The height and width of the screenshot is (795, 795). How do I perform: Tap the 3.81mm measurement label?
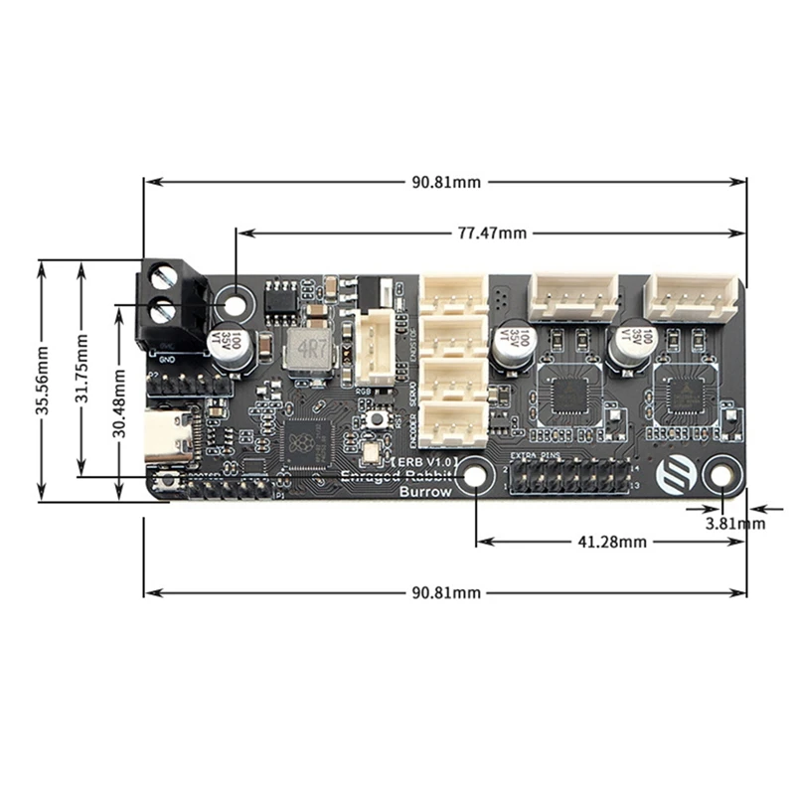pyautogui.click(x=734, y=523)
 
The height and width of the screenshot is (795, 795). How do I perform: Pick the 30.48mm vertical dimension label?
pyautogui.click(x=118, y=401)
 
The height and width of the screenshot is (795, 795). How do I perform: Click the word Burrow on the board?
pyautogui.click(x=424, y=491)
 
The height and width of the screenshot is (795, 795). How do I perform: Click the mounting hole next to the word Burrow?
pyautogui.click(x=476, y=479)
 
